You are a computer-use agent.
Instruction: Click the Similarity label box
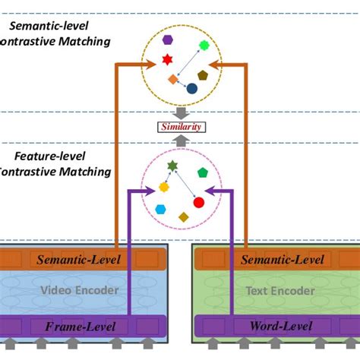(180, 127)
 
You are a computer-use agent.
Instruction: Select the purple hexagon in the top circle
(166, 39)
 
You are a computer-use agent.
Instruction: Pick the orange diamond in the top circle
(172, 79)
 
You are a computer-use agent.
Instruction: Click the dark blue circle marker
(191, 89)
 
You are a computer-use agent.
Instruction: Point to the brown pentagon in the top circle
(202, 75)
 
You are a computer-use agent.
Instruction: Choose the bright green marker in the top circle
(204, 46)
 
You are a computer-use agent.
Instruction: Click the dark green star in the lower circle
(172, 165)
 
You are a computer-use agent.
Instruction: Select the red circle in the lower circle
(199, 202)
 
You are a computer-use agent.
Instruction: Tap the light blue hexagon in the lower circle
(160, 209)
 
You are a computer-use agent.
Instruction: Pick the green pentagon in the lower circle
(202, 173)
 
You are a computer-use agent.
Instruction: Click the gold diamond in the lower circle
(183, 217)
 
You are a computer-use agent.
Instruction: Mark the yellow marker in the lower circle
(163, 187)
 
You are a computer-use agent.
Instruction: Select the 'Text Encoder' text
(271, 290)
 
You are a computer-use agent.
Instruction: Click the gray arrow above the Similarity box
(180, 113)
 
